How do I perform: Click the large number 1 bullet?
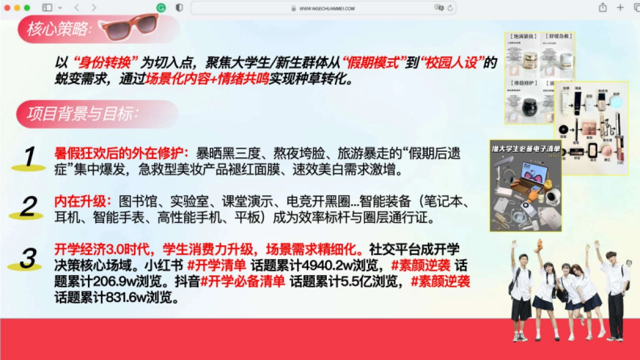[x=29, y=157]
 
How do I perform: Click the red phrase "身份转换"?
[x=105, y=62]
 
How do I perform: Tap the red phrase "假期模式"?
[x=372, y=62]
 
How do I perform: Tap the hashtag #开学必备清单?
[x=242, y=281]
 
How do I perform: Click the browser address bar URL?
[x=327, y=8]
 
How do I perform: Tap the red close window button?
[x=7, y=7]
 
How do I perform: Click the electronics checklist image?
[x=525, y=186]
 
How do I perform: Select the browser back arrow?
[x=76, y=7]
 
